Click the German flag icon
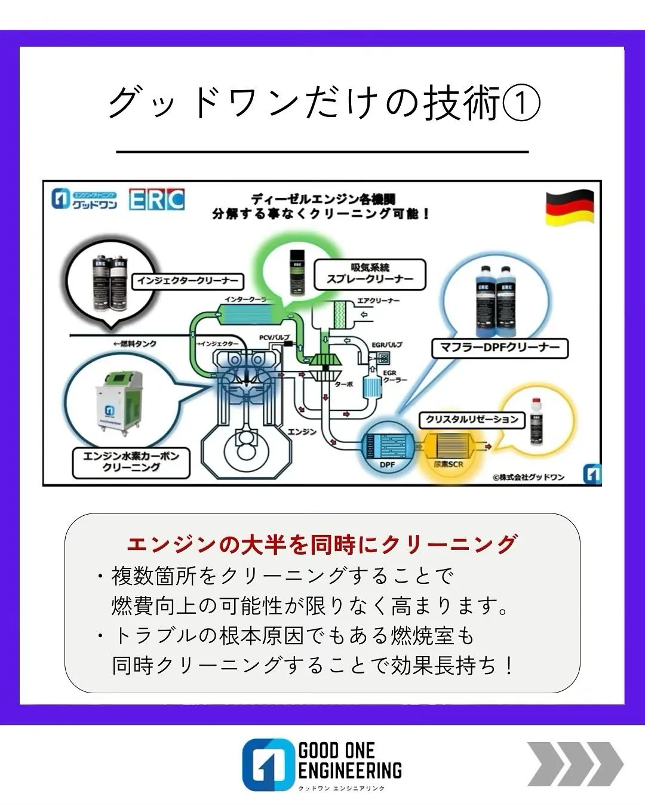tap(570, 207)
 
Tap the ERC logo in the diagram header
tap(156, 199)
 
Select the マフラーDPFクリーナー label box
tap(499, 347)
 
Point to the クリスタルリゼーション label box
tap(471, 420)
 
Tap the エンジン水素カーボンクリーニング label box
tap(131, 462)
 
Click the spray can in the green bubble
tap(296, 271)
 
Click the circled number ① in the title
tap(521, 103)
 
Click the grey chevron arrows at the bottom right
tap(575, 764)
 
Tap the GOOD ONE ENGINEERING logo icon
tap(267, 765)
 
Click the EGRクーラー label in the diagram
tap(394, 376)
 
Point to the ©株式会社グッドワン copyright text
tap(528, 477)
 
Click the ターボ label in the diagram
tap(343, 384)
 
